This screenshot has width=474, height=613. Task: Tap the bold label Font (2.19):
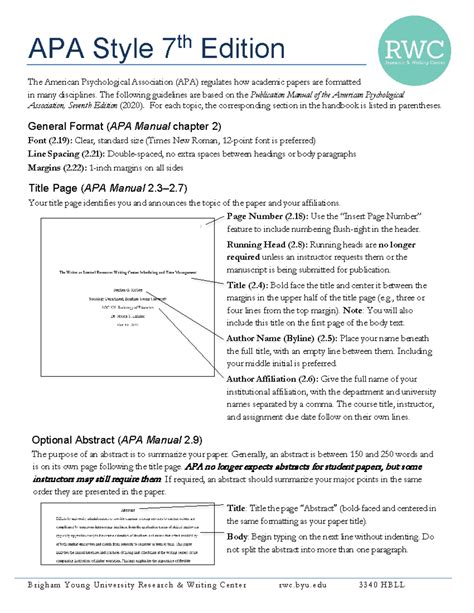tap(52, 141)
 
